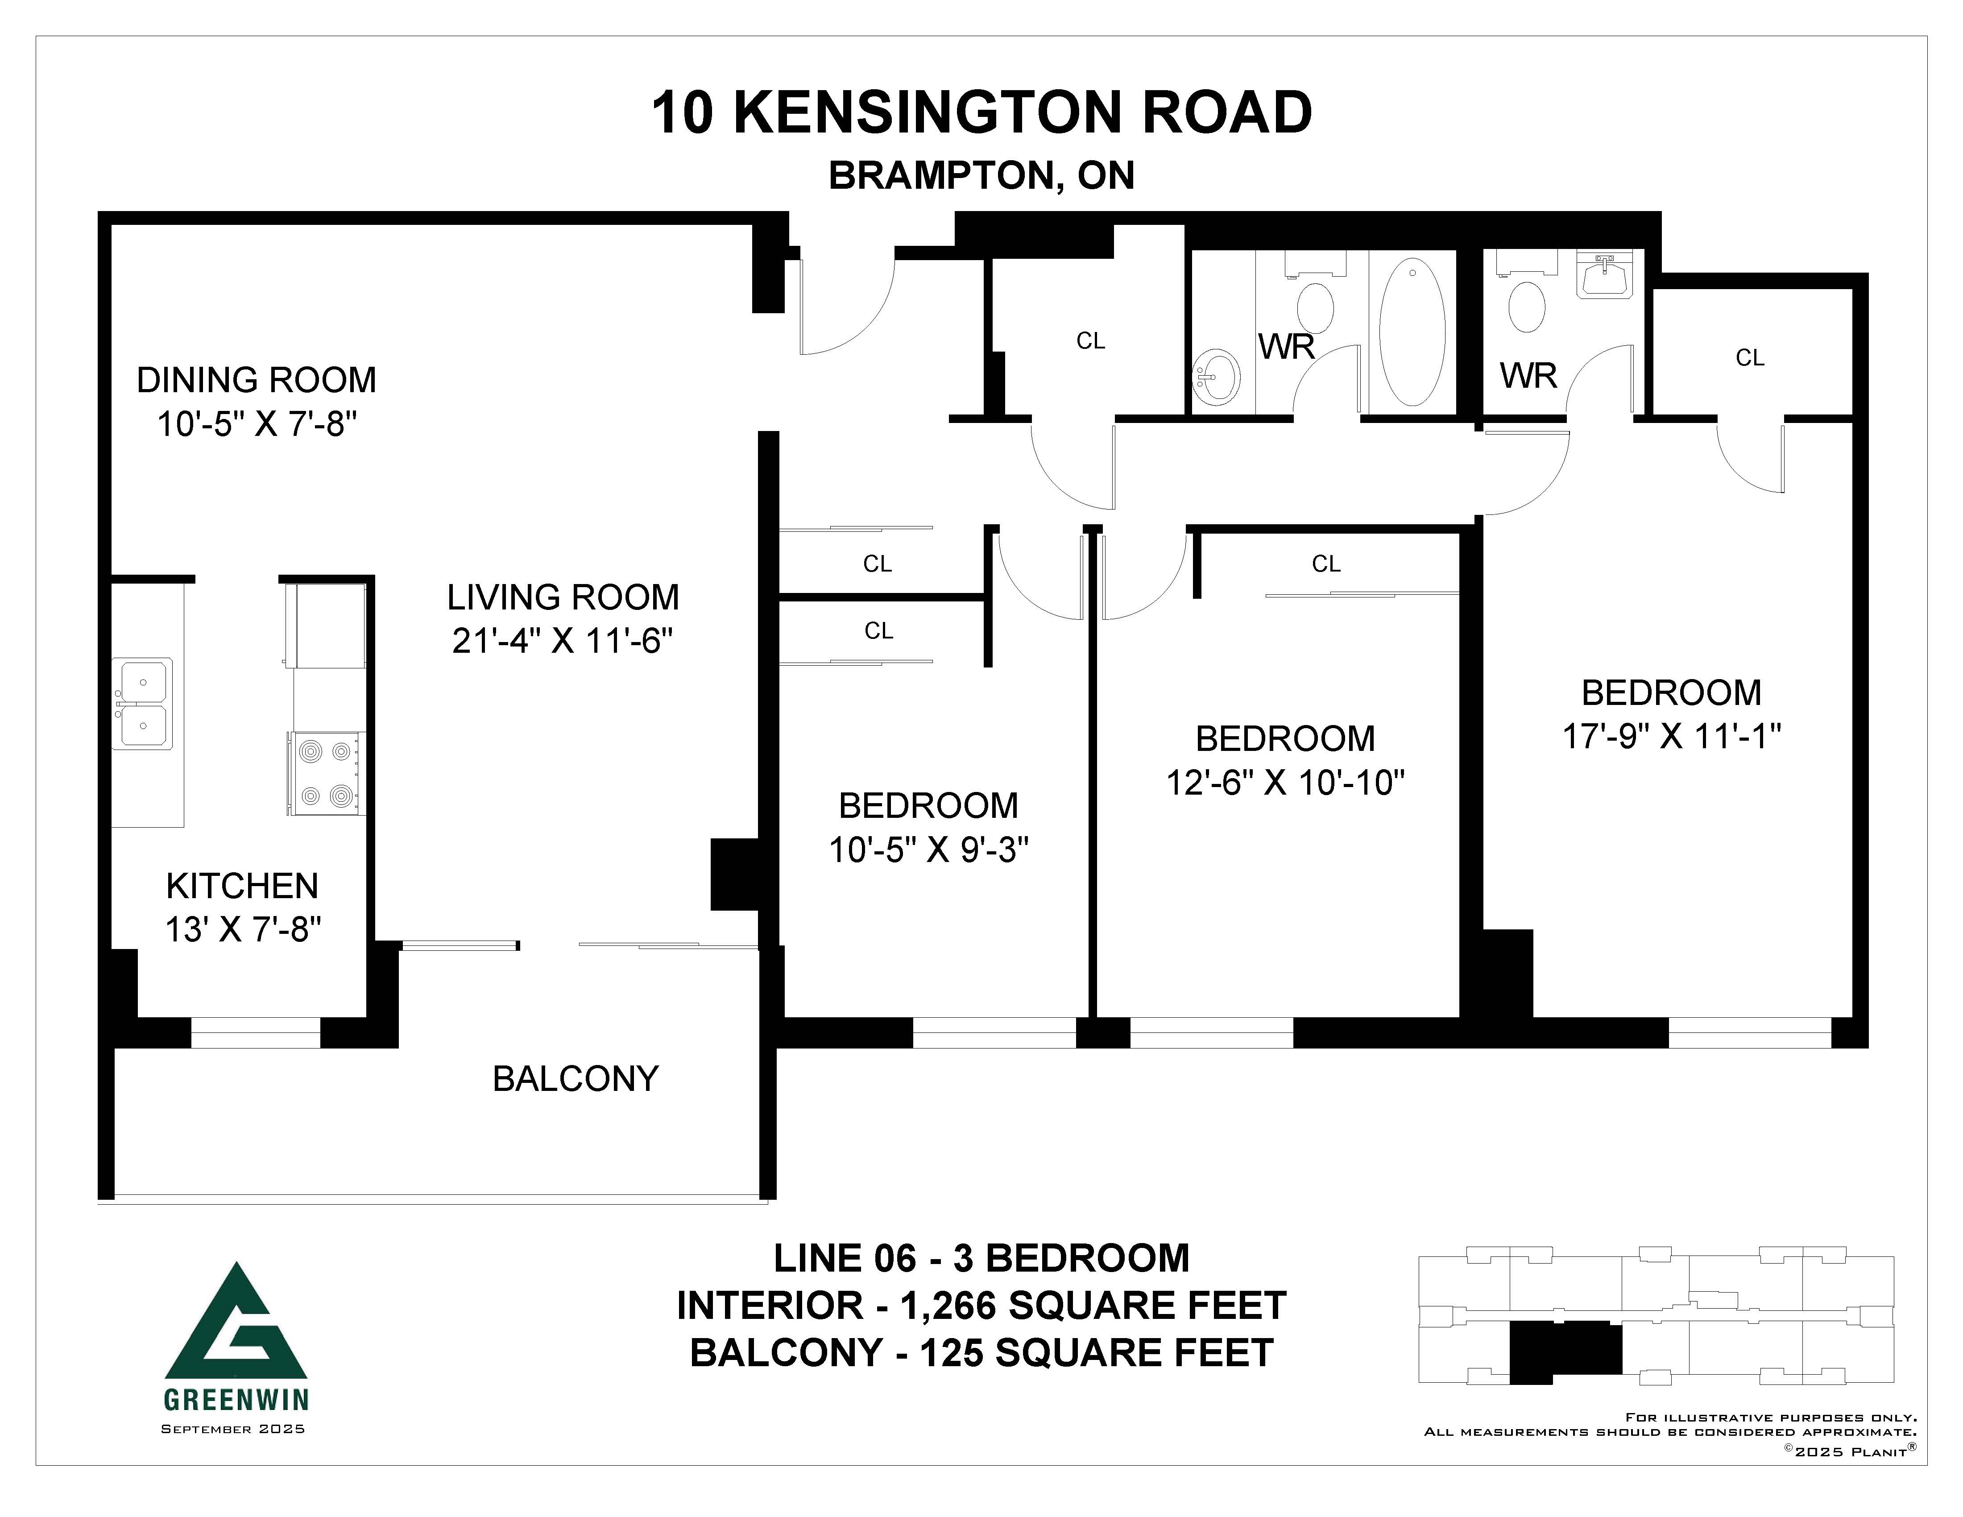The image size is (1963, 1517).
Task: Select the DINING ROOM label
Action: [x=256, y=380]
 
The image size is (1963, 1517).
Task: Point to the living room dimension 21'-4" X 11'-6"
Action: [x=563, y=641]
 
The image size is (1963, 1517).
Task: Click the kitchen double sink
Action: [x=142, y=704]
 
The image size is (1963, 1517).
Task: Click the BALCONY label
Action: [x=575, y=1078]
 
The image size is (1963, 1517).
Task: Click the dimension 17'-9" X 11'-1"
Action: [x=1672, y=736]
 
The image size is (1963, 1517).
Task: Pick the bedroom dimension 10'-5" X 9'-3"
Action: [x=928, y=849]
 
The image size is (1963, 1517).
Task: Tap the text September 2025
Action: [x=233, y=1429]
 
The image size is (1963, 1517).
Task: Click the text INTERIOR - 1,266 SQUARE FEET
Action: [x=981, y=1306]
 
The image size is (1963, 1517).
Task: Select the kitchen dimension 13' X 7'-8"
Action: [x=243, y=929]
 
